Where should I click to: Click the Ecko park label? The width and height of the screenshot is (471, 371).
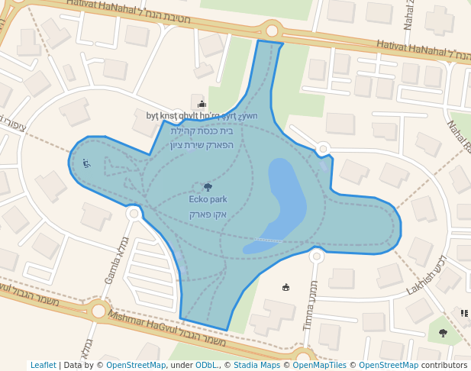click(x=208, y=200)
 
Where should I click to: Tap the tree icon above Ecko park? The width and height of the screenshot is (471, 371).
click(x=208, y=186)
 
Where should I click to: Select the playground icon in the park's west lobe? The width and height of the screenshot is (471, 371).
click(x=86, y=163)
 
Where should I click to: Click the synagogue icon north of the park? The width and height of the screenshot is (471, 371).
click(x=202, y=104)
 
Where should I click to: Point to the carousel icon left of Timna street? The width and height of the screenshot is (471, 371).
click(x=286, y=287)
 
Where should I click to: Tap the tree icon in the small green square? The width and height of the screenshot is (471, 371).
click(x=443, y=333)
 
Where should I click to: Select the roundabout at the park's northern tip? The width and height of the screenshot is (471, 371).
click(x=273, y=31)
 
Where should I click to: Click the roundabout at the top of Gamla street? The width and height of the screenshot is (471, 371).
click(x=134, y=213)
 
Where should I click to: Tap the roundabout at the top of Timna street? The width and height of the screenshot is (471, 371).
click(x=316, y=256)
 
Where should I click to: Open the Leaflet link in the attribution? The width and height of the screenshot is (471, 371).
click(x=43, y=365)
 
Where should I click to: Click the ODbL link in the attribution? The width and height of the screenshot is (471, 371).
click(x=207, y=365)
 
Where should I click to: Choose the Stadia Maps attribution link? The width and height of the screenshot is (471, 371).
click(x=257, y=365)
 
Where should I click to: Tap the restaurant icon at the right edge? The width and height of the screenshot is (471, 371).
click(x=464, y=313)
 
